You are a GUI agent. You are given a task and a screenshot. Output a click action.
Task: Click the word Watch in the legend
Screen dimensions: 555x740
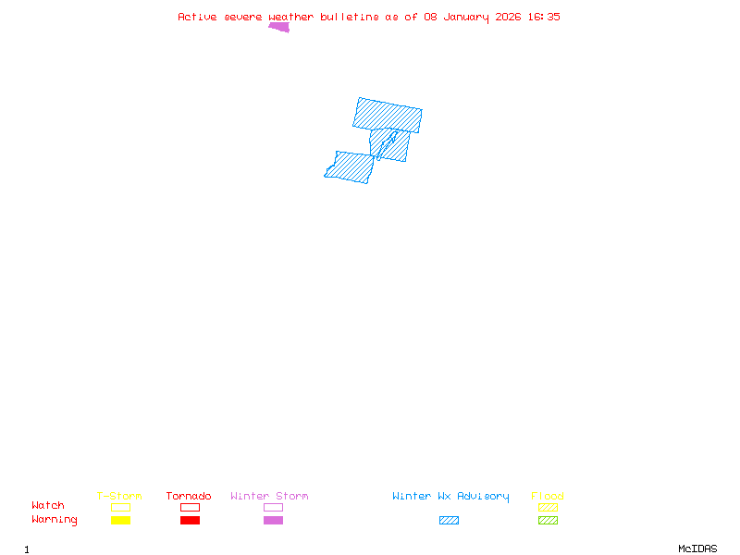pyautogui.click(x=48, y=506)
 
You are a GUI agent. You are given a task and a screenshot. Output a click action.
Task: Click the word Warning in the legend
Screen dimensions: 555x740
pyautogui.click(x=55, y=520)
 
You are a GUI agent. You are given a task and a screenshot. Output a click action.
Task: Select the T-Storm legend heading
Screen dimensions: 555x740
pyautogui.click(x=119, y=496)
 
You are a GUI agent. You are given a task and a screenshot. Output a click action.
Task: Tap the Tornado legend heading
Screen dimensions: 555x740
pyautogui.click(x=189, y=496)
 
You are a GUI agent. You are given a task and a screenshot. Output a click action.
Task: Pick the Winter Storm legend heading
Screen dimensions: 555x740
pyautogui.click(x=269, y=496)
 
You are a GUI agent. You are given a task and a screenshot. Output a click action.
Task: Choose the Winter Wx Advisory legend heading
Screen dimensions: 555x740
pyautogui.click(x=450, y=496)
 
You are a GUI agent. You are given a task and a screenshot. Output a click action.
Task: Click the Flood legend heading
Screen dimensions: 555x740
pyautogui.click(x=548, y=496)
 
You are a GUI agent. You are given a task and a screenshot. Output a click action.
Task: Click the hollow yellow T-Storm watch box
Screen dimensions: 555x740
pyautogui.click(x=120, y=507)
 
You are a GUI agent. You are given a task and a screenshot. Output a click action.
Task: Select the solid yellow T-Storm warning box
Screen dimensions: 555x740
pyautogui.click(x=120, y=520)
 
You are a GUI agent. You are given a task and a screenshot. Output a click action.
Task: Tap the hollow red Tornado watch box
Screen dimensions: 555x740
pyautogui.click(x=190, y=507)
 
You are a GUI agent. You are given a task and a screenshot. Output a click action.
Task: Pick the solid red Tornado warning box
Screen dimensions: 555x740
pyautogui.click(x=190, y=520)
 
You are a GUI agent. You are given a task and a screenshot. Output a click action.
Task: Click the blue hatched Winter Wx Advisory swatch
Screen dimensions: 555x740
pyautogui.click(x=449, y=520)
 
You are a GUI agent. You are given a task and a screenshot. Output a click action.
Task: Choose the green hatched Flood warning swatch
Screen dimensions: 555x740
pyautogui.click(x=548, y=520)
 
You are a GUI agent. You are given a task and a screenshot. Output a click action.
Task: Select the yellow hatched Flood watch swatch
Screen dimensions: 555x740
pyautogui.click(x=548, y=507)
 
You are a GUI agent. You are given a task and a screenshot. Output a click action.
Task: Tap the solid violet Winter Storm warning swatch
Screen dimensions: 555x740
pyautogui.click(x=273, y=520)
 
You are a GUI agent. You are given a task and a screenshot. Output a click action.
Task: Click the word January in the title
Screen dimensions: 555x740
pyautogui.click(x=462, y=17)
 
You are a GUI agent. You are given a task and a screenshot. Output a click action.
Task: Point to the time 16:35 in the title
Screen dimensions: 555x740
pyautogui.click(x=544, y=17)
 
